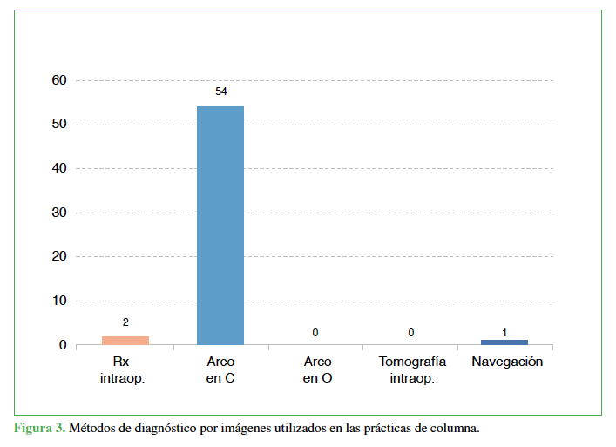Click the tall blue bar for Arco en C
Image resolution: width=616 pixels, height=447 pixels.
(220, 225)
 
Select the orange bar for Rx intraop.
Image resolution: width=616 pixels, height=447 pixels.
(125, 340)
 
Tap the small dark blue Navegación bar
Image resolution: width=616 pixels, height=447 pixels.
(504, 342)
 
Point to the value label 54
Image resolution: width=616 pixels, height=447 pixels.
(220, 91)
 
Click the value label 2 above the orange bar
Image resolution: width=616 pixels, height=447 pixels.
(125, 322)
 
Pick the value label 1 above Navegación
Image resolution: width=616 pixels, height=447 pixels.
(504, 332)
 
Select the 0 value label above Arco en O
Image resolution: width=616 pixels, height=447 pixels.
(315, 333)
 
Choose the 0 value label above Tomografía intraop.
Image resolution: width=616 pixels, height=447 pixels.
(410, 333)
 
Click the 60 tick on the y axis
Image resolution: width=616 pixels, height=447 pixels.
(59, 80)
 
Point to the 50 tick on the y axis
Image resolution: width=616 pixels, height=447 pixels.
(59, 125)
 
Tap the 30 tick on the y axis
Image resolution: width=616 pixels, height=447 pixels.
(59, 213)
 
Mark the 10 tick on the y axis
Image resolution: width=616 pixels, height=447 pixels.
(59, 301)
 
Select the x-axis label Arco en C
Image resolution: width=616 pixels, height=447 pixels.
(220, 369)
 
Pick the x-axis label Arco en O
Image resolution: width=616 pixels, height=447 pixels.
(316, 369)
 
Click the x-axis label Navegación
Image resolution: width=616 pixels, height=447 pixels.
(506, 362)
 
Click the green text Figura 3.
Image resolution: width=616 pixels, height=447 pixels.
(39, 429)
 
